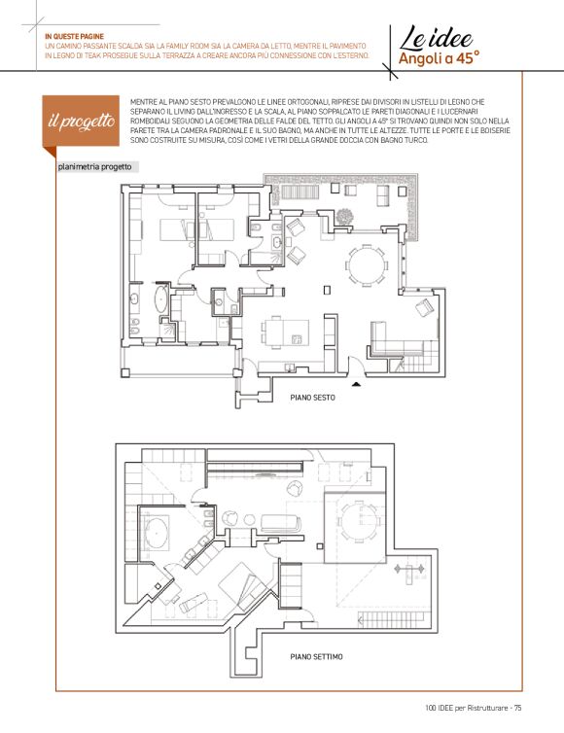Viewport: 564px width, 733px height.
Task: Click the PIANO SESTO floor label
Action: click(312, 398)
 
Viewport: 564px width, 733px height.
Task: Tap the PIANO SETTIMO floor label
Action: click(316, 657)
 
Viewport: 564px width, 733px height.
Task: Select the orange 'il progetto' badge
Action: click(81, 122)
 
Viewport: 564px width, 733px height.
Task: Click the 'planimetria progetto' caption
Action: click(94, 167)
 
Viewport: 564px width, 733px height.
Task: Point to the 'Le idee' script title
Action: click(436, 38)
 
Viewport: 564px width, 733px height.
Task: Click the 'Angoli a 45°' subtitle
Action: click(440, 58)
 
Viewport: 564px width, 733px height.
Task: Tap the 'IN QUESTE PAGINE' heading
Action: click(74, 36)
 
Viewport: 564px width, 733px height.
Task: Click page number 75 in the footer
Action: click(517, 708)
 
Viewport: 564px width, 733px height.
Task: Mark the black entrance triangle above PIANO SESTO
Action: click(356, 384)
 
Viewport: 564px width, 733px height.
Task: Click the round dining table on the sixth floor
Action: click(367, 265)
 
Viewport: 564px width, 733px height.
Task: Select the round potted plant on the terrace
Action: click(344, 217)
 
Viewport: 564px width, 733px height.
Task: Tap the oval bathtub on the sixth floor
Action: click(160, 299)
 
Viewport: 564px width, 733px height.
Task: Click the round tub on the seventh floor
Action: click(157, 533)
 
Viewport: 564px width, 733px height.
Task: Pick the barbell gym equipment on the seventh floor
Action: click(409, 570)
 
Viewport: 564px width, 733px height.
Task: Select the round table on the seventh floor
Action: click(358, 521)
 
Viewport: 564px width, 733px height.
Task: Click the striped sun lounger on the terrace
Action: click(300, 192)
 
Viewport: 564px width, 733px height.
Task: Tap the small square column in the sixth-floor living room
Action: click(328, 290)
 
